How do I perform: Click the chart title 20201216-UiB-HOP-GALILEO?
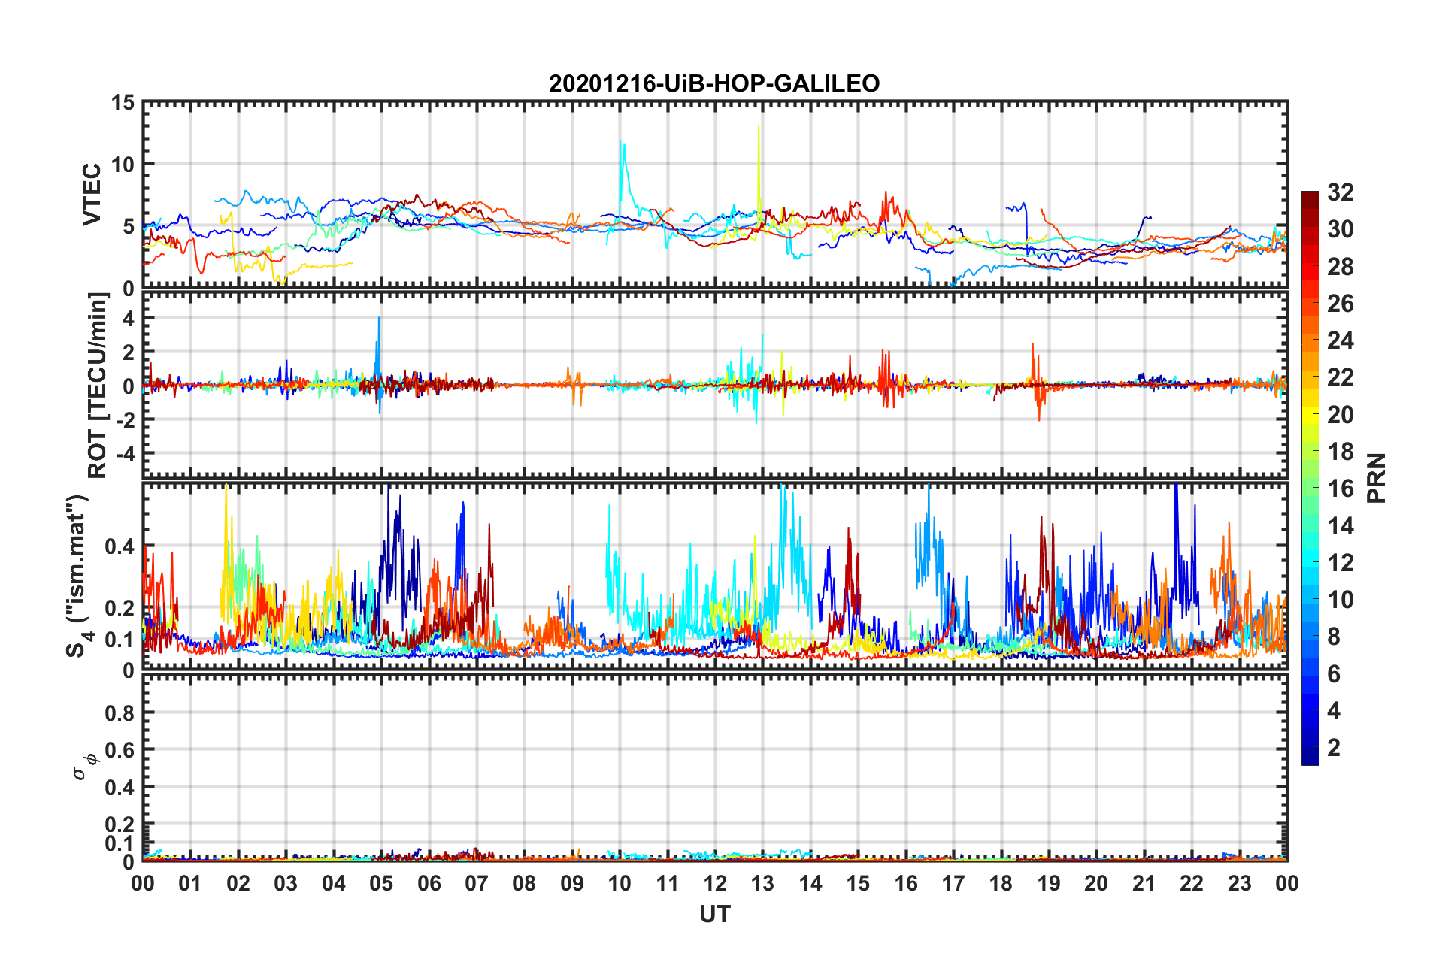point(714,83)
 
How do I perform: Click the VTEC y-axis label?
point(92,194)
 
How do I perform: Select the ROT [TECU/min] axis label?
point(98,386)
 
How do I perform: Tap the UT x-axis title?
point(714,914)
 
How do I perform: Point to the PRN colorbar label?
point(1377,478)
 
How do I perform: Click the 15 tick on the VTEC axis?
point(124,102)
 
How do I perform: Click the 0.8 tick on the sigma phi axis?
point(120,712)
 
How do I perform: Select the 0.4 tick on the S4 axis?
point(120,546)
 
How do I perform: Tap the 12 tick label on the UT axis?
point(714,883)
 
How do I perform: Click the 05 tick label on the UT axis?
point(380,883)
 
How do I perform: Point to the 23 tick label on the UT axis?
point(1239,883)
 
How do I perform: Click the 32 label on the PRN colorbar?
point(1340,192)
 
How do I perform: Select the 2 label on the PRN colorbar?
point(1334,748)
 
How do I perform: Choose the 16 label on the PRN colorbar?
point(1340,489)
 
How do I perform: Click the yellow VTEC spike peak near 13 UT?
point(759,126)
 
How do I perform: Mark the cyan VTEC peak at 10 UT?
point(620,141)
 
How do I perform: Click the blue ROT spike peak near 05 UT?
point(379,318)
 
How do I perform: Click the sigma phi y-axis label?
point(84,765)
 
